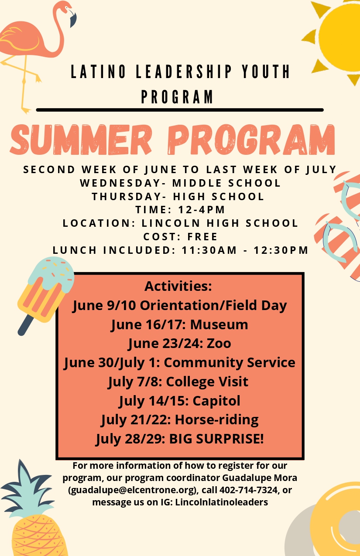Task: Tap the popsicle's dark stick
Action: tap(25, 325)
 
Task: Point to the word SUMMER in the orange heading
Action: tap(81, 140)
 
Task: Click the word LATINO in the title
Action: tap(98, 72)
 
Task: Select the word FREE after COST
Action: tap(202, 236)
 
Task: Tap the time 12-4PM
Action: tap(202, 210)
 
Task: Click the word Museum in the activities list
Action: tap(219, 324)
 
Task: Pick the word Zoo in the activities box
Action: tap(219, 344)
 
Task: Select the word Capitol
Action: tap(216, 401)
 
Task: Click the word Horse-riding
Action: tap(216, 420)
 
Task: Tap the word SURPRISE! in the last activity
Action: tap(230, 439)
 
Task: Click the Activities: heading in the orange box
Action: tap(178, 286)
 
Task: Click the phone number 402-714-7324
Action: tap(248, 490)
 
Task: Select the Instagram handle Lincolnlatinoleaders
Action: tap(221, 502)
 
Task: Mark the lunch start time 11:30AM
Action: tap(209, 250)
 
